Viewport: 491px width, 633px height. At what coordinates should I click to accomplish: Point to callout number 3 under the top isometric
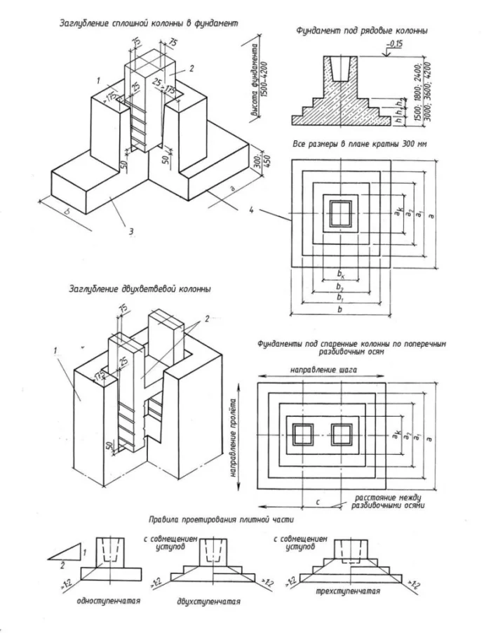131,229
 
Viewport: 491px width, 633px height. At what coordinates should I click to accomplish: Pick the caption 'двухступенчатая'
205,601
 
